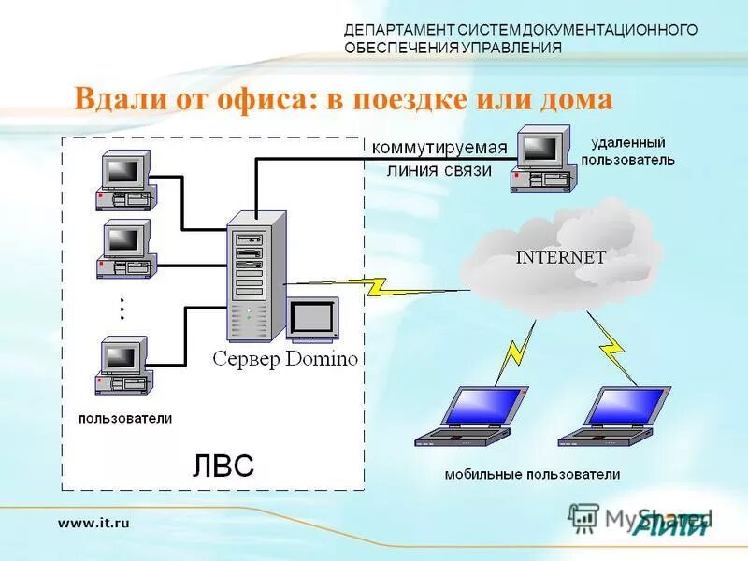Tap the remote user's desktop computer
pyautogui.click(x=542, y=159)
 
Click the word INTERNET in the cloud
pyautogui.click(x=561, y=257)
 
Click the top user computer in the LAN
pyautogui.click(x=125, y=180)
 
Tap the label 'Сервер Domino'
pyautogui.click(x=284, y=359)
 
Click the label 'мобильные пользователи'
pyautogui.click(x=532, y=474)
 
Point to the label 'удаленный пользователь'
pyautogui.click(x=627, y=151)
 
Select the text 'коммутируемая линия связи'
pyautogui.click(x=439, y=159)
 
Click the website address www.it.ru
pyautogui.click(x=93, y=523)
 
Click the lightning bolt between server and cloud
pyautogui.click(x=374, y=285)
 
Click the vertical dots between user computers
pyautogui.click(x=122, y=308)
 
